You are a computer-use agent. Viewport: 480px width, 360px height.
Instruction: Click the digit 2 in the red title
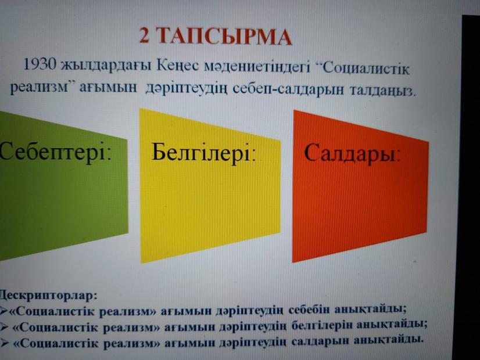tap(145, 35)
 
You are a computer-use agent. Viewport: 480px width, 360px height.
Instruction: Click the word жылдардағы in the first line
tap(106, 65)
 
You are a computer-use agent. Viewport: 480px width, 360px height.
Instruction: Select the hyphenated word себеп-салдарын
tap(289, 89)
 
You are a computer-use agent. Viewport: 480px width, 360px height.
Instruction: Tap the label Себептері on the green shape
tap(55, 152)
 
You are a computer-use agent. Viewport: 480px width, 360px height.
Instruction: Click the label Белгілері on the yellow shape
tap(203, 153)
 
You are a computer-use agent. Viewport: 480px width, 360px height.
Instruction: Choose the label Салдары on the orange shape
tap(352, 153)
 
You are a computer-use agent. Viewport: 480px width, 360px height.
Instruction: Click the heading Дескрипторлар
tap(48, 296)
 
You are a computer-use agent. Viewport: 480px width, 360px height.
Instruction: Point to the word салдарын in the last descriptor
tap(320, 341)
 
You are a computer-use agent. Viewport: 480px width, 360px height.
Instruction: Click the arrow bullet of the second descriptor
tap(3, 327)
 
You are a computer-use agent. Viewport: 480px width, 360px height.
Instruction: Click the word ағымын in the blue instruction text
tap(109, 88)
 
